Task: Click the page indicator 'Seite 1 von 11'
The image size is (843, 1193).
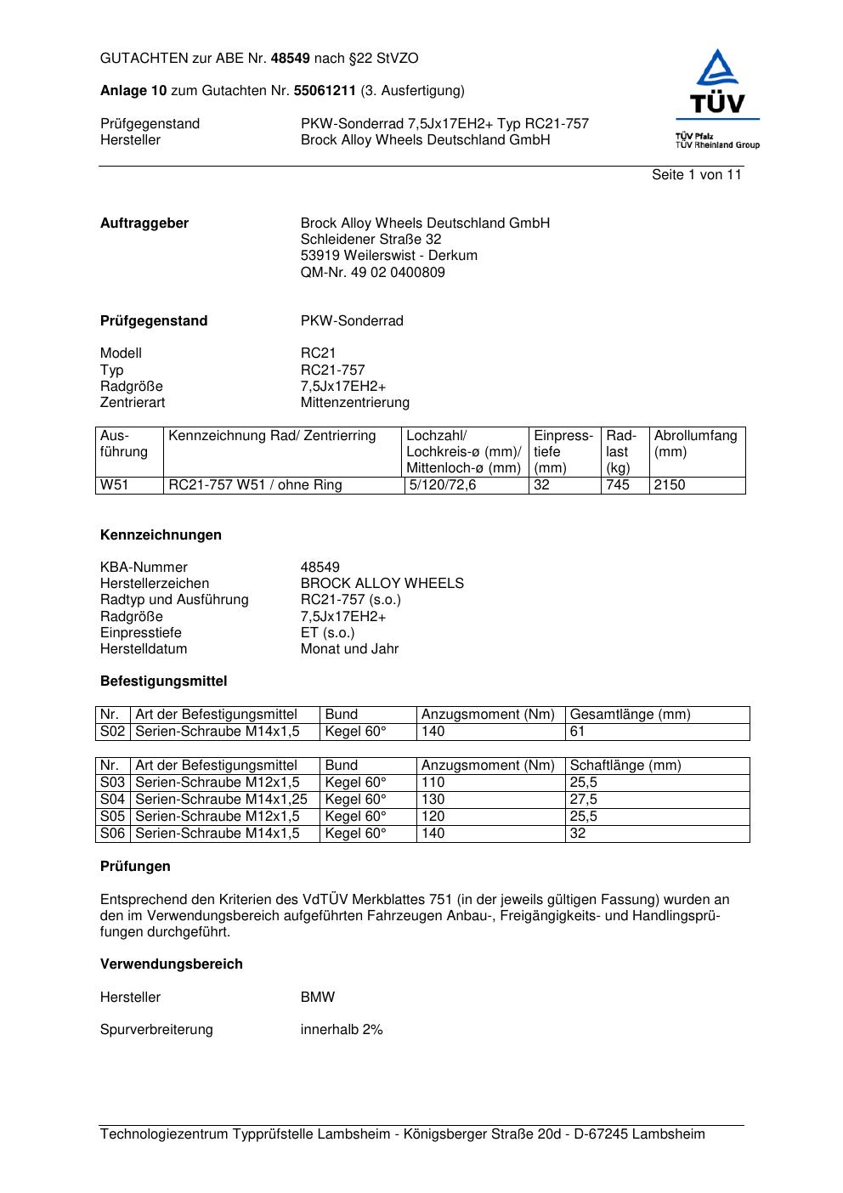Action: click(x=696, y=175)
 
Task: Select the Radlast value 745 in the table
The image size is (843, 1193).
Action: click(x=618, y=485)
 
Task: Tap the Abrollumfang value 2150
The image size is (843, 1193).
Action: click(x=670, y=485)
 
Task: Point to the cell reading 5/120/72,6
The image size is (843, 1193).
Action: click(x=443, y=485)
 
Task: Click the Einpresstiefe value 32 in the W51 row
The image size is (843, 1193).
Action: click(x=542, y=485)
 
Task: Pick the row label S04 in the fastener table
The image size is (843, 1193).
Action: click(x=112, y=800)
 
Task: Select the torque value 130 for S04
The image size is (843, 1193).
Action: click(x=433, y=800)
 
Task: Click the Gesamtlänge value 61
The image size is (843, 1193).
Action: click(x=578, y=732)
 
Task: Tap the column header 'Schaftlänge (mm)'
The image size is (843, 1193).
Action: click(x=625, y=766)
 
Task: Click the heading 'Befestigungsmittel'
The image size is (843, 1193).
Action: click(x=163, y=681)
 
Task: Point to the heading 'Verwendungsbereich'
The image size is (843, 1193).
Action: click(x=171, y=964)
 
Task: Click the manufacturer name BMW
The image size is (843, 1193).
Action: click(x=318, y=998)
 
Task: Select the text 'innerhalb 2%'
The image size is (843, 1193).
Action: click(x=342, y=1030)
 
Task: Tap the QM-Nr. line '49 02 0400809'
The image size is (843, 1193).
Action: click(x=372, y=273)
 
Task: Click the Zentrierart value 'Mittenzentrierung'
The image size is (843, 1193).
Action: click(x=354, y=403)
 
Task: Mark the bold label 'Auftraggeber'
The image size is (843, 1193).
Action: click(x=144, y=223)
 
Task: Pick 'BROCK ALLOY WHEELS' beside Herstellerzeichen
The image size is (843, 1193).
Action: click(x=382, y=584)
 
